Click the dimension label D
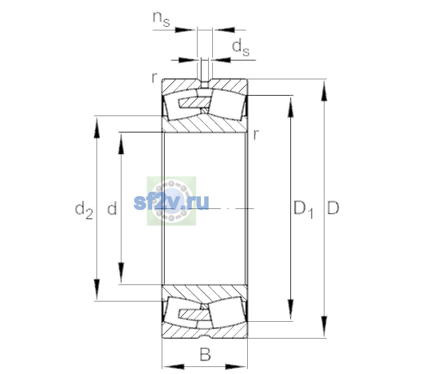[x=333, y=208]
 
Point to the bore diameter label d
[x=112, y=208]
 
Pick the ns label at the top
[x=161, y=19]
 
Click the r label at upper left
[x=154, y=78]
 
